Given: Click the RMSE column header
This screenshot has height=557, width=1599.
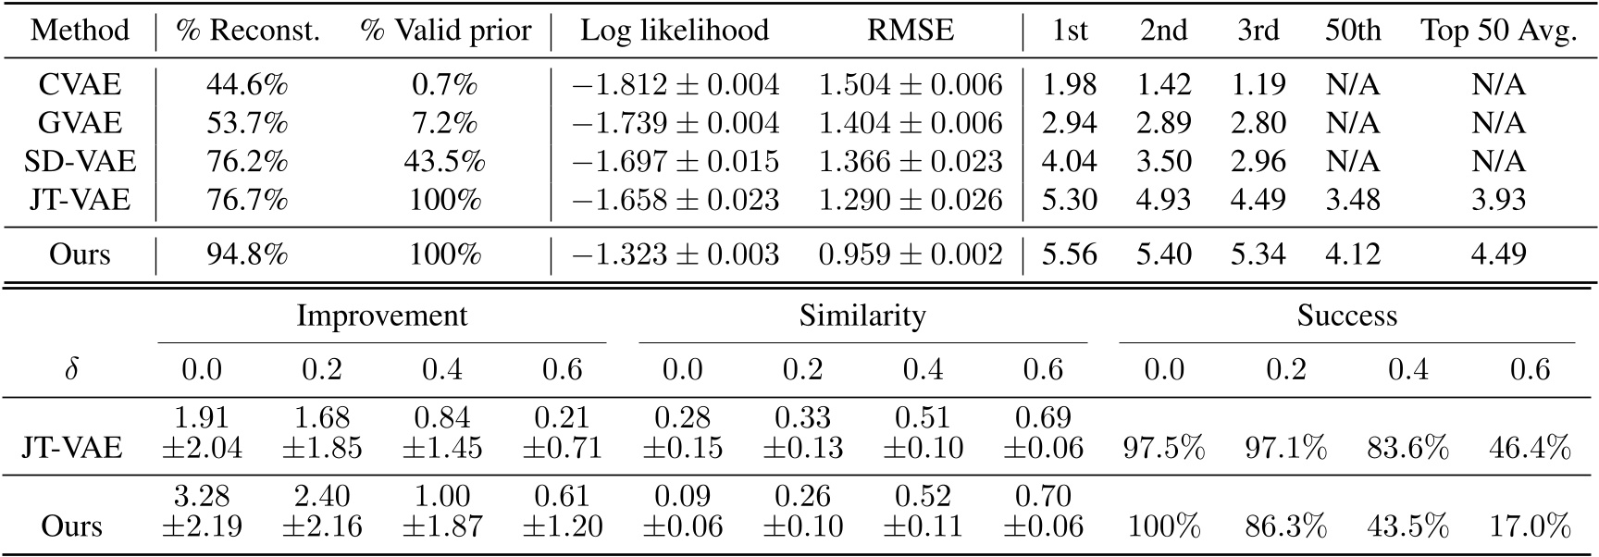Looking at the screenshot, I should (910, 31).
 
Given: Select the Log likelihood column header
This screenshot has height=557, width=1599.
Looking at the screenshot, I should (675, 31).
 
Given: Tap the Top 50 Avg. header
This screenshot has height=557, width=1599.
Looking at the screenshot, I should (1498, 31).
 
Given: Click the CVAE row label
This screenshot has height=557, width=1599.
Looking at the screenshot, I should (80, 85).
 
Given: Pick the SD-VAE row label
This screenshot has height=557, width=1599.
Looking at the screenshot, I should (80, 162).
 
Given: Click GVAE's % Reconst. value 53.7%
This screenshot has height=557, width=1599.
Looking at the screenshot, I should (246, 123).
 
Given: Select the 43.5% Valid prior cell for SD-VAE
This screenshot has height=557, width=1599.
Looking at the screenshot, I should (444, 162).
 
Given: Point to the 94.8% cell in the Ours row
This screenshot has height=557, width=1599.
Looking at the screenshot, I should (246, 254).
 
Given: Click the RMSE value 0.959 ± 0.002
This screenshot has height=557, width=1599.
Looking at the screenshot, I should (910, 254).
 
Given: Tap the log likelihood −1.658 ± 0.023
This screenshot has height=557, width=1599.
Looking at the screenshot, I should (675, 200).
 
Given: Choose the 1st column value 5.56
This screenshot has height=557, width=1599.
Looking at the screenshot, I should (1069, 254).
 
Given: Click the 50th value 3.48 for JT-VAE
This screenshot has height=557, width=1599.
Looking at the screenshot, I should (1352, 200).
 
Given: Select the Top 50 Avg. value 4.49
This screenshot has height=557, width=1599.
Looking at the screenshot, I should (1498, 254).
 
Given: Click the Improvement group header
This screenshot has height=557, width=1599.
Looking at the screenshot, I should (381, 316).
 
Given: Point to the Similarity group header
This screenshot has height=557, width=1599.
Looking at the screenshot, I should (861, 316).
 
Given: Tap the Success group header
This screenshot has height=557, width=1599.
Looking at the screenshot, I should (1346, 316).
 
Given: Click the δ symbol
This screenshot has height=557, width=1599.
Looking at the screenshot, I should (71, 370).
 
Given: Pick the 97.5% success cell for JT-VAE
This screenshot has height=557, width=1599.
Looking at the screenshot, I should (1164, 449).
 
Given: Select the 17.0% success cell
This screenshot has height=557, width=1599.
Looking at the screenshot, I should (1530, 526).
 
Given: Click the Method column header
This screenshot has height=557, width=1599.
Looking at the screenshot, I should (80, 31).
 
